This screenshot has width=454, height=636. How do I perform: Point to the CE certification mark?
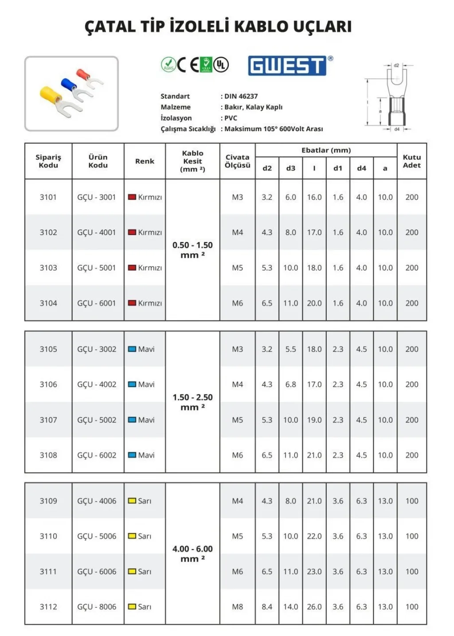pos(188,65)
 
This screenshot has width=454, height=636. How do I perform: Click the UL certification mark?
pos(221,65)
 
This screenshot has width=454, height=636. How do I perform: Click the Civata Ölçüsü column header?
pos(237,161)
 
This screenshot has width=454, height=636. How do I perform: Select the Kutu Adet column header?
pos(411,161)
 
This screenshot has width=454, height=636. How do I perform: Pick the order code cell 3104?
pos(48,303)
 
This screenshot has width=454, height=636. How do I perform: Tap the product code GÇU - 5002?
pos(97,420)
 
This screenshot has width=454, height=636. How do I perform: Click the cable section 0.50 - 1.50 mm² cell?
pos(192,250)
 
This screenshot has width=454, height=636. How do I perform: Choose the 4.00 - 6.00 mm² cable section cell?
pos(192,554)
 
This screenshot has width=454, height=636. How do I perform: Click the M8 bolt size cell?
pos(237,607)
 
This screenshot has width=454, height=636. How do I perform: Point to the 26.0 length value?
pos(314,607)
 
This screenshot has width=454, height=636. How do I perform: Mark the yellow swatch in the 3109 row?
pos(132,501)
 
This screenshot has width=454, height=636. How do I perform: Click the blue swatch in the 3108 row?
pos(132,455)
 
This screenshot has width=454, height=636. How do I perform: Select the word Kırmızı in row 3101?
pos(150,197)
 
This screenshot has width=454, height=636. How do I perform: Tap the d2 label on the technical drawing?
pos(396,65)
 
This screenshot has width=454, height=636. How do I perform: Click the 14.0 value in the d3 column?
pos(290,607)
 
